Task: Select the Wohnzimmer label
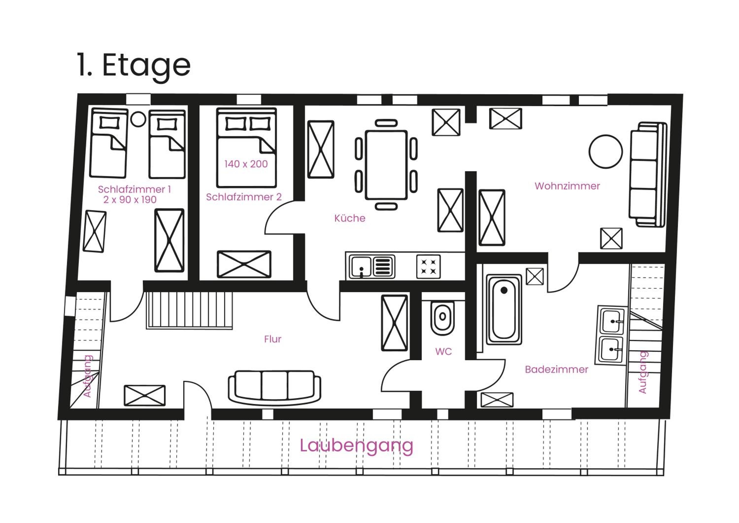pyautogui.click(x=567, y=186)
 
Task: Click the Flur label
pyautogui.click(x=273, y=339)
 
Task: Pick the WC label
pyautogui.click(x=444, y=352)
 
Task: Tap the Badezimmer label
pyautogui.click(x=556, y=369)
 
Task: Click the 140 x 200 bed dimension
pyautogui.click(x=246, y=164)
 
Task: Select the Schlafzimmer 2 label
pyautogui.click(x=244, y=197)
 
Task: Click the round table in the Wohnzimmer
pyautogui.click(x=606, y=151)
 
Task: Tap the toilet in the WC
pyautogui.click(x=443, y=318)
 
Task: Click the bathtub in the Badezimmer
pyautogui.click(x=504, y=310)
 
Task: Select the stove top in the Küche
pyautogui.click(x=428, y=267)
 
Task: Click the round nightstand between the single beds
pyautogui.click(x=138, y=119)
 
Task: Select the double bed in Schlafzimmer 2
pyautogui.click(x=247, y=148)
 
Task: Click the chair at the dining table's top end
pyautogui.click(x=386, y=123)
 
